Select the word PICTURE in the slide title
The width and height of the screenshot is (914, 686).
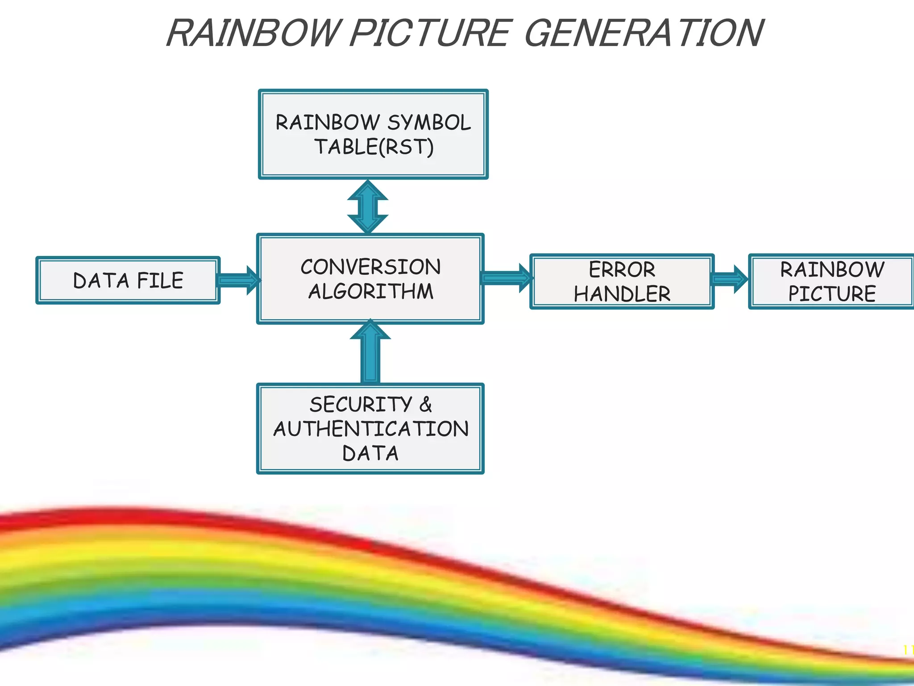428,33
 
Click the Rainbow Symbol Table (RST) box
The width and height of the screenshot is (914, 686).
373,134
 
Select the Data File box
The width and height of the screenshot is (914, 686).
128,280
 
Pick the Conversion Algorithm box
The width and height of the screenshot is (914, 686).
370,279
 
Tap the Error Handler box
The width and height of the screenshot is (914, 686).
622,281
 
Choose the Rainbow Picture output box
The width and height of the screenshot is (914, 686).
832,281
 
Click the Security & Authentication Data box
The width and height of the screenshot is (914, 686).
370,428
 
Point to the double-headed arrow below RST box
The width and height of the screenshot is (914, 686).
368,206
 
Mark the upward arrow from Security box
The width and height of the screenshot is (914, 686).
370,353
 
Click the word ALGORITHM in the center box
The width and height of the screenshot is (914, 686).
370,292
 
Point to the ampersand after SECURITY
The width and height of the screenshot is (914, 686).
425,405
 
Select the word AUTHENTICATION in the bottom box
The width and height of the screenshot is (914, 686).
370,429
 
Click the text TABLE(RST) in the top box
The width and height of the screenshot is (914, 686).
374,147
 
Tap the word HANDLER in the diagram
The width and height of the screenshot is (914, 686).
622,294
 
